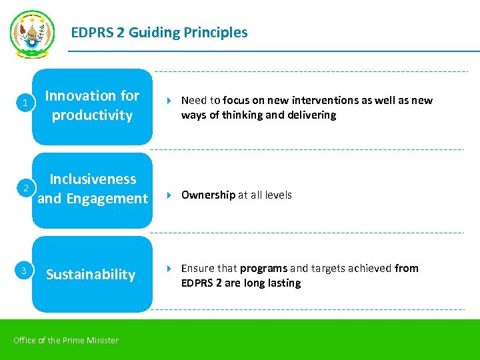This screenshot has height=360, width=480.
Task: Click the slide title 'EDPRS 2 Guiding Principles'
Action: tap(159, 33)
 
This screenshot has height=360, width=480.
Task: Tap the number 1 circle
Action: tap(25, 103)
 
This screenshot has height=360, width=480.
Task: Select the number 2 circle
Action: tap(25, 188)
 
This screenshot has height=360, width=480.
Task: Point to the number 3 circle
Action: tap(25, 271)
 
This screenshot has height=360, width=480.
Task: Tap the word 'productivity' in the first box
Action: tap(92, 115)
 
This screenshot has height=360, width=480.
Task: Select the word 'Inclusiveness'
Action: tap(93, 179)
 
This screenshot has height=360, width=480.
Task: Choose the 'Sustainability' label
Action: tap(91, 275)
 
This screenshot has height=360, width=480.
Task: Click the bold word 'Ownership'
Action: tap(208, 195)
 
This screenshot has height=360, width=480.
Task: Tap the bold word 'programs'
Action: tap(263, 269)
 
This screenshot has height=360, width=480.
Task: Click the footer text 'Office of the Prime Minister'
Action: tap(66, 341)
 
